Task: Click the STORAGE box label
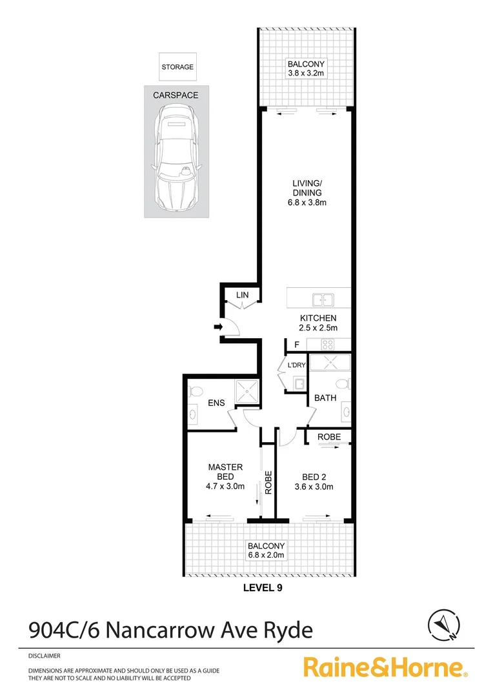(177, 66)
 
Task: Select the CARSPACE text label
(176, 95)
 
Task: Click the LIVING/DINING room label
(306, 193)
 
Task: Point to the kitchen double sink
(323, 299)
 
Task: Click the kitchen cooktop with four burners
(327, 345)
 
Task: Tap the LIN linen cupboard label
(242, 296)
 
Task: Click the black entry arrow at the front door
(218, 328)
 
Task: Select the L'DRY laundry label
(296, 365)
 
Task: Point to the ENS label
(216, 403)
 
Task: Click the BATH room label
(325, 398)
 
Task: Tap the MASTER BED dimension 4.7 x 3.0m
(225, 487)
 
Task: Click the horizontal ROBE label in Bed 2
(329, 437)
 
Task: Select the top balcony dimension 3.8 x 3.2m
(306, 74)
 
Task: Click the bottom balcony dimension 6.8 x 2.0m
(266, 554)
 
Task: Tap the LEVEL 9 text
(262, 588)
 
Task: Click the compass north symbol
(444, 623)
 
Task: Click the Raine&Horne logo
(386, 667)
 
